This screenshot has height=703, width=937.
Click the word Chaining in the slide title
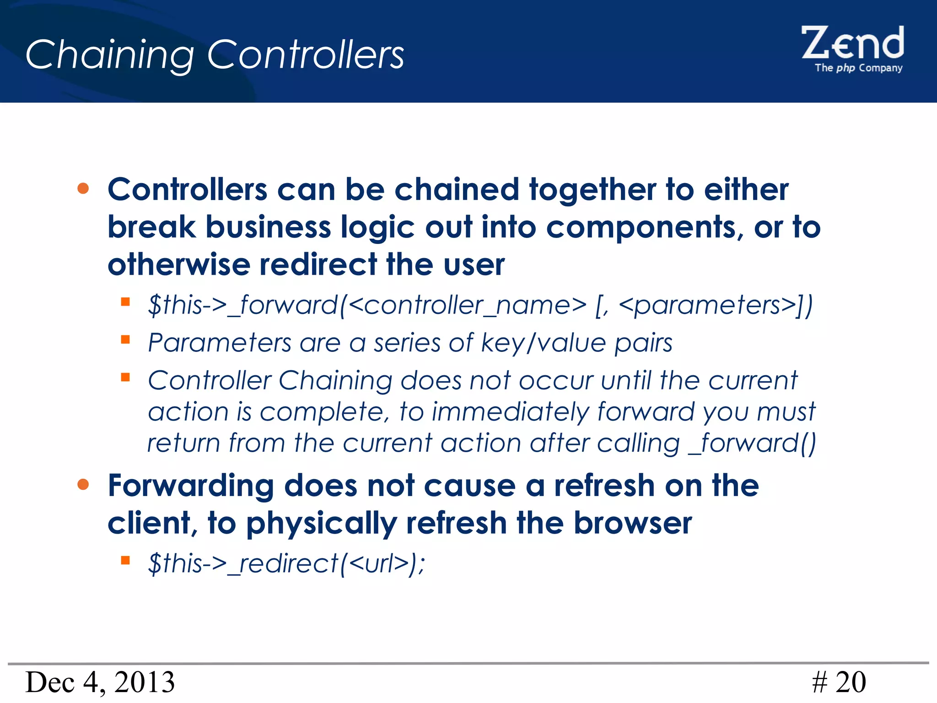click(110, 55)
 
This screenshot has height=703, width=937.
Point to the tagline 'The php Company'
click(858, 68)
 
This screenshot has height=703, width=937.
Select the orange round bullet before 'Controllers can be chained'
click(83, 188)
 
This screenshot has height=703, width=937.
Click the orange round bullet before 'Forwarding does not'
click(83, 484)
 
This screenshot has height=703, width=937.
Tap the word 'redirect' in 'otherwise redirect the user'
click(318, 265)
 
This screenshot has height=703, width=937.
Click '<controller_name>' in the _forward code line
click(467, 305)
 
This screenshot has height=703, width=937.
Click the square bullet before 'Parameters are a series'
click(125, 340)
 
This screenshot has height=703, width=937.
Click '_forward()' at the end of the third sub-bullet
click(753, 443)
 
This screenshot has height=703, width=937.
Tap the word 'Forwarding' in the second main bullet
click(191, 486)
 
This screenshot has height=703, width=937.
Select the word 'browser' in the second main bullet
click(633, 523)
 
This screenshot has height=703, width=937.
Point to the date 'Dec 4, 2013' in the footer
click(100, 682)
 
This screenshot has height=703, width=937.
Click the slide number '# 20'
click(839, 682)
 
